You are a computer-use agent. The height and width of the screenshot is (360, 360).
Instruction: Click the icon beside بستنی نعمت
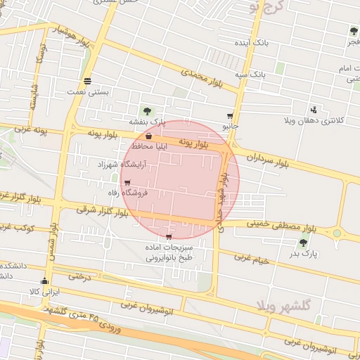(x=87, y=80)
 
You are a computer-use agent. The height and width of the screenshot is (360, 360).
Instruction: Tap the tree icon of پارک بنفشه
(x=147, y=110)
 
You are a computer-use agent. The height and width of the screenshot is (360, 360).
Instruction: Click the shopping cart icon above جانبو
(x=230, y=116)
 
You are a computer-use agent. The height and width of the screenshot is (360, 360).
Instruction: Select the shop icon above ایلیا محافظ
(x=149, y=136)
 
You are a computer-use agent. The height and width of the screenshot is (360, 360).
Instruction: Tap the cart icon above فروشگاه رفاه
(x=127, y=183)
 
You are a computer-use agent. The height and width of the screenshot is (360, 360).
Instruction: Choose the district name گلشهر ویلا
(x=285, y=304)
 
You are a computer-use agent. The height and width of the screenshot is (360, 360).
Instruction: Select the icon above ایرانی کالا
(x=46, y=281)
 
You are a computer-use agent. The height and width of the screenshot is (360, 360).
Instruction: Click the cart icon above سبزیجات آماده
(x=168, y=237)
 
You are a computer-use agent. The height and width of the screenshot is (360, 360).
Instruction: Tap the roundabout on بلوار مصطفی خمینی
(x=337, y=233)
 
